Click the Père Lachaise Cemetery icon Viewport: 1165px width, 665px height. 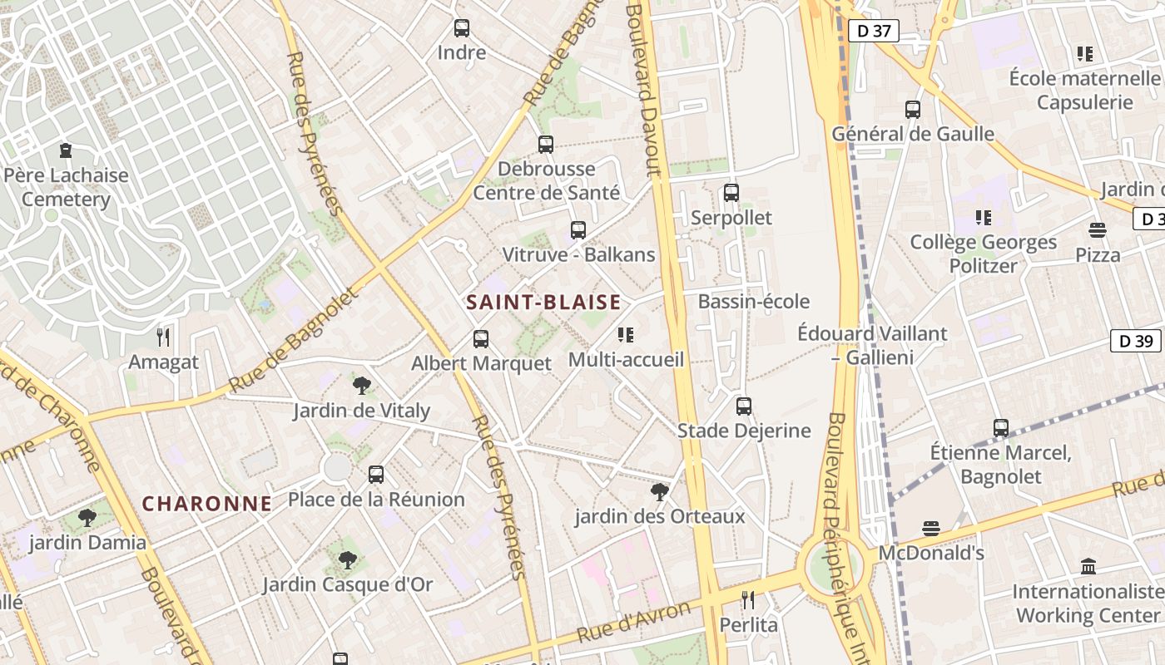click(x=66, y=150)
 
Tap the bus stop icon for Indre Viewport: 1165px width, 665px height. click(x=462, y=28)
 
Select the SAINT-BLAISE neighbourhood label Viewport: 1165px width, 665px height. click(x=543, y=302)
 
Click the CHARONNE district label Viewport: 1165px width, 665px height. click(x=207, y=503)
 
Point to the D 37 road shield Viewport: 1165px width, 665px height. click(x=874, y=32)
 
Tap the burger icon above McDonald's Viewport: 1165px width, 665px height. click(x=931, y=529)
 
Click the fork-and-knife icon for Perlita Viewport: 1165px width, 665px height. click(x=748, y=600)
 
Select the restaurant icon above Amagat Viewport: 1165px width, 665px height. click(x=163, y=337)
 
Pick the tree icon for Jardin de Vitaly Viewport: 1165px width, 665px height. click(x=361, y=386)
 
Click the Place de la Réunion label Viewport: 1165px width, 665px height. click(x=376, y=500)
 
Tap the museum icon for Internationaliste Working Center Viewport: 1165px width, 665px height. click(x=1088, y=567)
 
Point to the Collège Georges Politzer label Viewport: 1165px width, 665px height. click(x=984, y=254)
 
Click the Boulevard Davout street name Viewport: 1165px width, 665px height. click(x=647, y=91)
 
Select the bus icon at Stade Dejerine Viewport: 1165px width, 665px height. click(x=744, y=406)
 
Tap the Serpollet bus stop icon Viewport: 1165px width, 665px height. click(x=731, y=193)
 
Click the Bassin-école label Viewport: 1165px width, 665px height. click(x=754, y=301)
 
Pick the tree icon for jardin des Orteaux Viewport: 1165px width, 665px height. click(x=660, y=492)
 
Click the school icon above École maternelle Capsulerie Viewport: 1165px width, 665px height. click(x=1084, y=54)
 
